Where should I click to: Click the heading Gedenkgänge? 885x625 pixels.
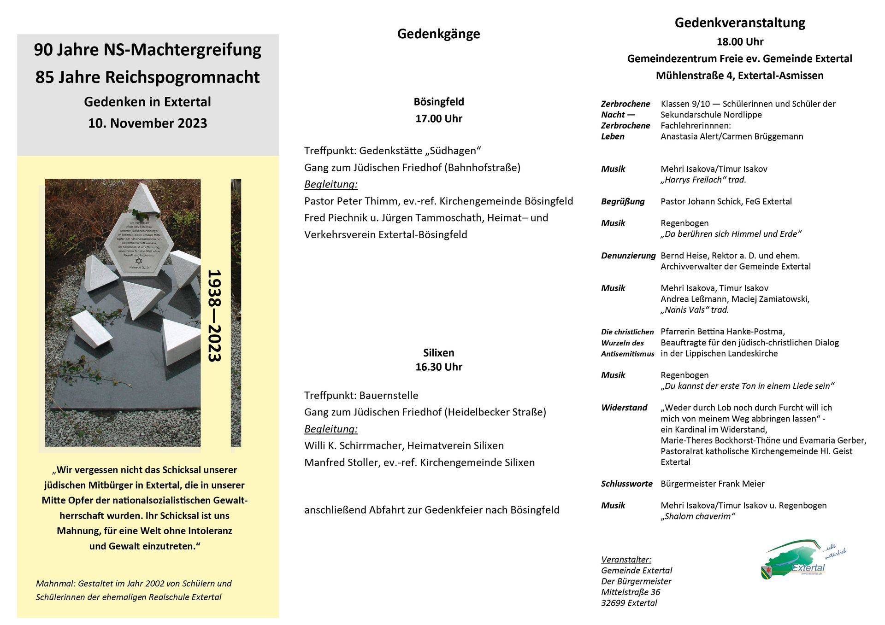[x=438, y=34]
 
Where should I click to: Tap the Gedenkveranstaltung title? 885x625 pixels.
[x=739, y=23]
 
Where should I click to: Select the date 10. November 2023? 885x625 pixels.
[x=147, y=123]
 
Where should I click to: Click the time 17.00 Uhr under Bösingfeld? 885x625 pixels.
[x=438, y=118]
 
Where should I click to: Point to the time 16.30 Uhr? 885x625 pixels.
[x=438, y=367]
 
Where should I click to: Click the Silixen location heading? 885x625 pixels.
[x=438, y=353]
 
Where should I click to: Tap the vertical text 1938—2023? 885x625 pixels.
[x=215, y=316]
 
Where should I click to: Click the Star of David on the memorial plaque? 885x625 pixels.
[x=139, y=261]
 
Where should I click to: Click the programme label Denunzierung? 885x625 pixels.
[x=628, y=256]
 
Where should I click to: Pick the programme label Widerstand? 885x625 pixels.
[x=624, y=408]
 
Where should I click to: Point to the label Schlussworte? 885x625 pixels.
[x=626, y=484]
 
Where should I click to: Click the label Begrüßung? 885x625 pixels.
[x=623, y=201]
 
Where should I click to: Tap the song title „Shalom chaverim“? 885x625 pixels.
[x=697, y=516]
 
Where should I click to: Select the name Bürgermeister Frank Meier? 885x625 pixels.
[x=712, y=484]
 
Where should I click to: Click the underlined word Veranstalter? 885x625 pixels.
[x=626, y=560]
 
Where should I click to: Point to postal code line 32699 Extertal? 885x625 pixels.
[x=629, y=603]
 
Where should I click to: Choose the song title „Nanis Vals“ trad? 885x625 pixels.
[x=695, y=310]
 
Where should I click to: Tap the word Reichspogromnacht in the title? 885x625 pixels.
[x=182, y=77]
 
